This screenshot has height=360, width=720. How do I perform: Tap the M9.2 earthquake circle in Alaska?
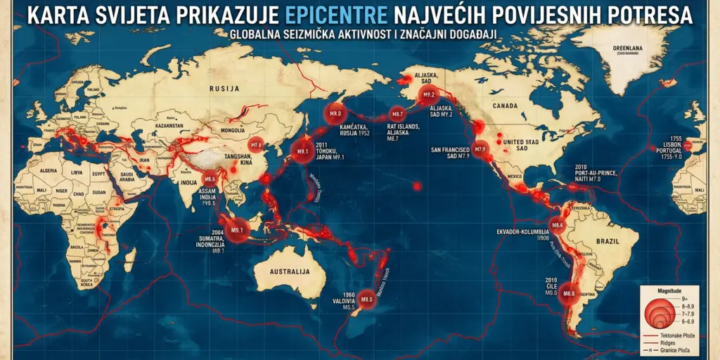[x=428, y=94]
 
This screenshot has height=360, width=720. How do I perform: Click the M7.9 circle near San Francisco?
[x=481, y=148]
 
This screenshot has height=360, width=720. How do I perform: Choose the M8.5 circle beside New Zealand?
[x=366, y=299]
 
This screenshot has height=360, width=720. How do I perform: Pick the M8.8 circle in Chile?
[x=569, y=293]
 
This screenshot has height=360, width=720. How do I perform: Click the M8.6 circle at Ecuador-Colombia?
[x=558, y=226]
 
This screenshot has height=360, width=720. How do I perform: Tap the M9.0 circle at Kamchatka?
[x=335, y=114]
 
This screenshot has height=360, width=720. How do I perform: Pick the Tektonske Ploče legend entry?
[x=676, y=335]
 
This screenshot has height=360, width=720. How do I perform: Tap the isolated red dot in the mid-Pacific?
[x=417, y=186]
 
